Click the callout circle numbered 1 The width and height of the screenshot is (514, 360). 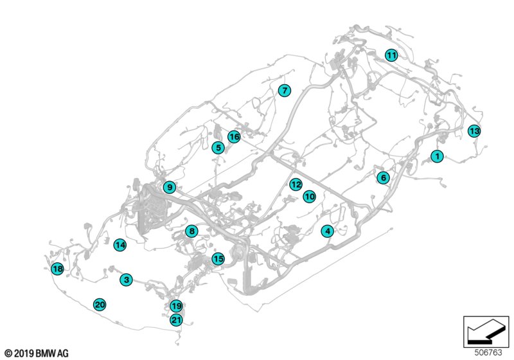point(437,156)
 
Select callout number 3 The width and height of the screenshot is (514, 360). point(126,280)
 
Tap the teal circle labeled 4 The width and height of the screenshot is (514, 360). point(328,231)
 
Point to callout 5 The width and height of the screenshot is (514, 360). point(218,148)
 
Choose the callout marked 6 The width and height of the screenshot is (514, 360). point(383,177)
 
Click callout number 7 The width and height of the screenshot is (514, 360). point(284,90)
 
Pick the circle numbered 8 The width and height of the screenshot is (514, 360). point(191,231)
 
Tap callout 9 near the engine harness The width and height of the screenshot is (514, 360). point(170,187)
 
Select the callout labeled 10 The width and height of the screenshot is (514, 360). point(309,197)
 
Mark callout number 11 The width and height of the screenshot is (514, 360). point(391,55)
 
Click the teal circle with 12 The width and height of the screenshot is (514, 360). point(296,184)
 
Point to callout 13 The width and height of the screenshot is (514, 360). point(474,131)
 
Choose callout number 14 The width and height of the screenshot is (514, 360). point(120,245)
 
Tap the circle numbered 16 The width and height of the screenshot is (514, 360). point(234,137)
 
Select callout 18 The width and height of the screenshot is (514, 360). point(57,269)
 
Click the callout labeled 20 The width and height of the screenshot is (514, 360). point(100,305)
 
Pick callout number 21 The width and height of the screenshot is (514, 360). point(176,319)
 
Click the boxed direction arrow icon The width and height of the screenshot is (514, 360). point(486,332)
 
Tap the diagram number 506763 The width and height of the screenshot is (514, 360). point(488,352)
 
